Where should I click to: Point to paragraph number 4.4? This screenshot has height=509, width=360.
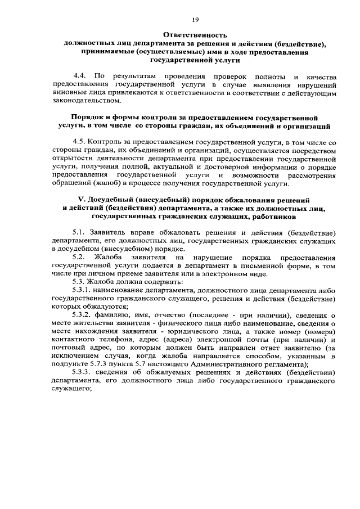(80, 75)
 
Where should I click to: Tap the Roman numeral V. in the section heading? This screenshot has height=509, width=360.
(80, 200)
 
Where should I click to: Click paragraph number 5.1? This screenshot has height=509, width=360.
(80, 232)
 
